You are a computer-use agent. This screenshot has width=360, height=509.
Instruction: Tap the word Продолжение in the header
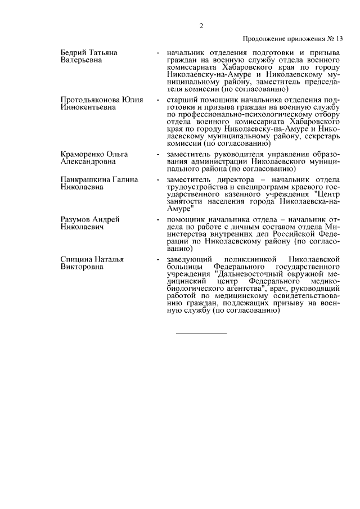(x=265, y=39)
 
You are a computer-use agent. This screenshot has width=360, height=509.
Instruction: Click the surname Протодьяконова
(x=90, y=100)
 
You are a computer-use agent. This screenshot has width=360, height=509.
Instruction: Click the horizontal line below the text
(x=201, y=334)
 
